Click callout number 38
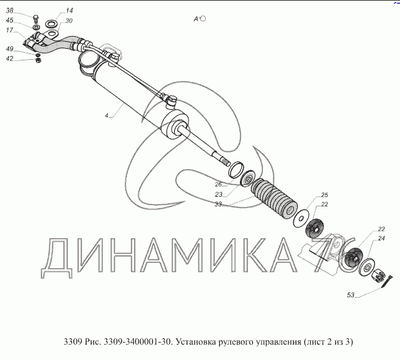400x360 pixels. point(10,11)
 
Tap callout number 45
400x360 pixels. point(10,20)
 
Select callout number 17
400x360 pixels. point(10,30)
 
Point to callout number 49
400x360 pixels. point(10,49)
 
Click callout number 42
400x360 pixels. point(10,59)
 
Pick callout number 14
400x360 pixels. point(69,10)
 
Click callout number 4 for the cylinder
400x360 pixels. point(106,116)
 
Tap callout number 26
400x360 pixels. point(219,184)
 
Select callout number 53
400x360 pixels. point(350,295)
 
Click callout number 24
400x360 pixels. point(381,238)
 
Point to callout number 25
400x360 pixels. point(325,195)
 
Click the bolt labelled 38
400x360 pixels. point(36,19)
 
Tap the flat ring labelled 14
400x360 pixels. point(51,24)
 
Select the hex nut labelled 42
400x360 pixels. point(39,60)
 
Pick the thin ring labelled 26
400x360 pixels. point(236,169)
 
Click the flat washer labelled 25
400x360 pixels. point(301,218)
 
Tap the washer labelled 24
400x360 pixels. point(367,267)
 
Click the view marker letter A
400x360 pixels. point(195,19)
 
